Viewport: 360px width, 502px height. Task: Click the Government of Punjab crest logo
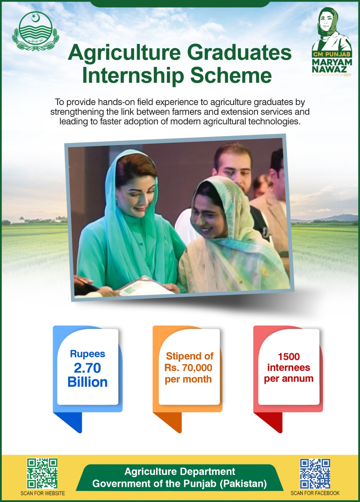click(36, 31)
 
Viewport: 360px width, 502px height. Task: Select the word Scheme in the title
click(231, 75)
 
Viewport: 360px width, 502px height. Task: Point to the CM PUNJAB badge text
click(332, 54)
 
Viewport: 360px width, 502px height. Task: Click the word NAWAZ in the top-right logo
click(329, 69)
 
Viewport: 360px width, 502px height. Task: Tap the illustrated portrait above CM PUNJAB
click(332, 29)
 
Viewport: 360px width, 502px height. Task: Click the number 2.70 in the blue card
click(88, 368)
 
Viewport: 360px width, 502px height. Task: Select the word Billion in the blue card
click(88, 382)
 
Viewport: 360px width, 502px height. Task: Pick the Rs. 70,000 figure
click(188, 367)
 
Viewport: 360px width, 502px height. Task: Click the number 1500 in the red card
click(289, 357)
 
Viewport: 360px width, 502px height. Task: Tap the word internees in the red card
click(289, 367)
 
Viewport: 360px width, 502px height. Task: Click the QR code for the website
click(42, 473)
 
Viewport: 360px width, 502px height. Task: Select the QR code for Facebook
click(315, 473)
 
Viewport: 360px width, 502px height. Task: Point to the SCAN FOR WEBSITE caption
click(43, 493)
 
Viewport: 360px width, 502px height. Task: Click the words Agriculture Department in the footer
click(180, 472)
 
